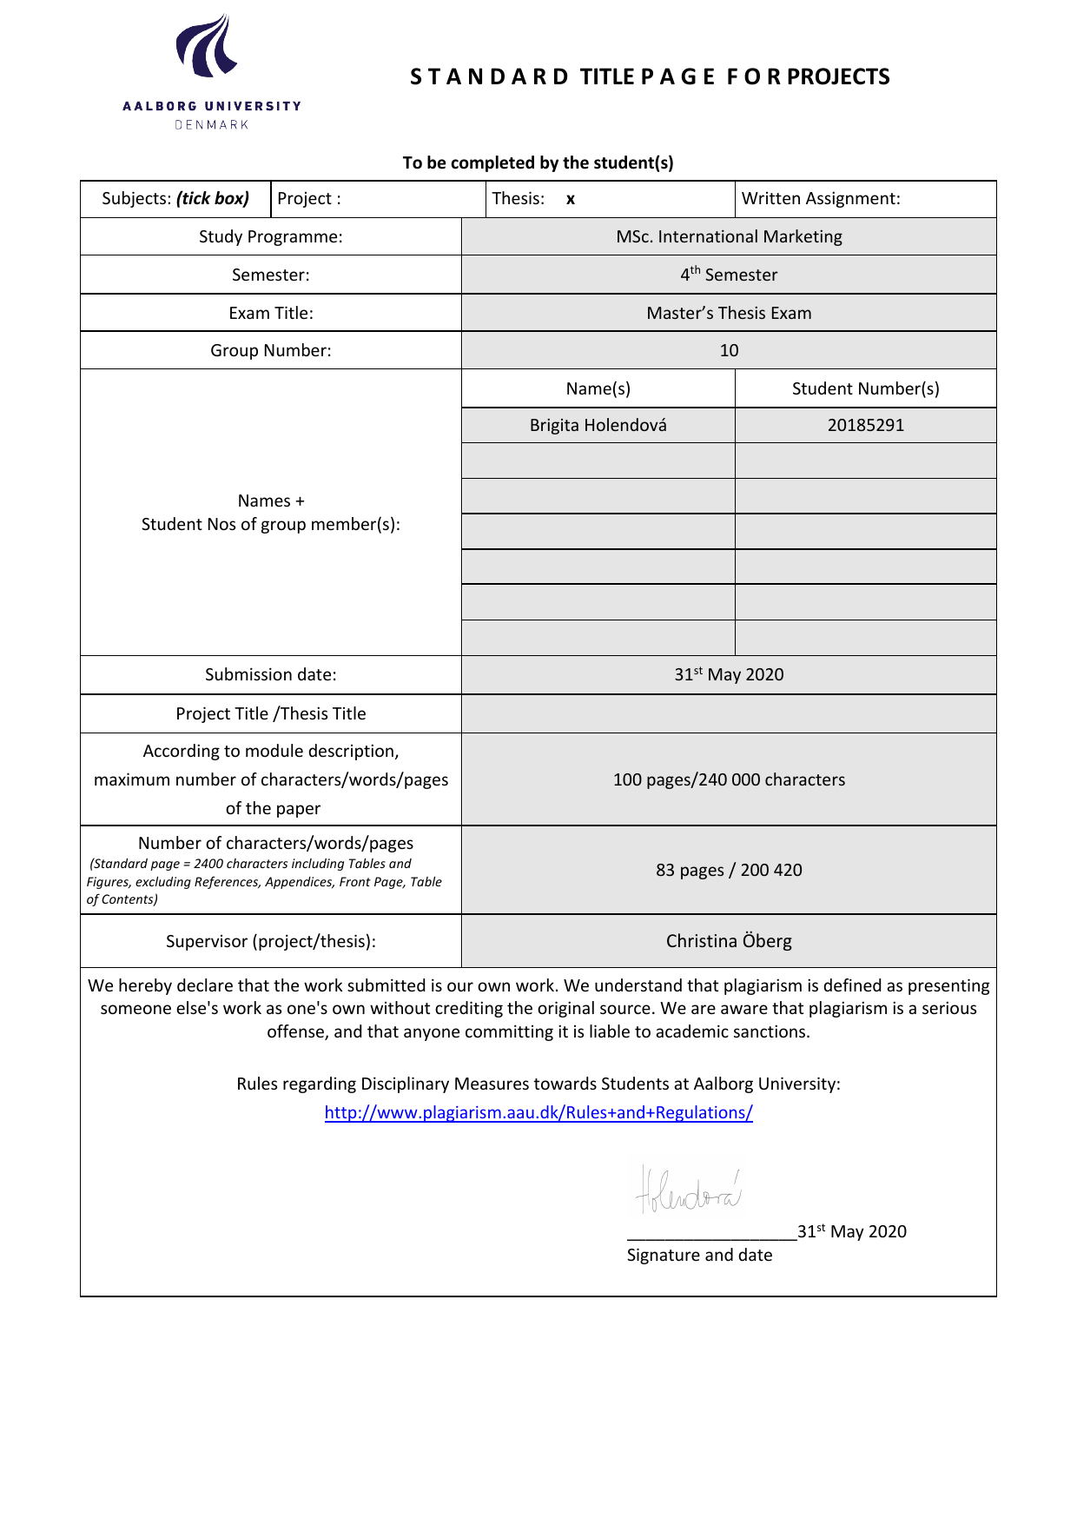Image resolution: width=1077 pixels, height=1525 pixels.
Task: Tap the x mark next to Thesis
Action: pyautogui.click(x=571, y=200)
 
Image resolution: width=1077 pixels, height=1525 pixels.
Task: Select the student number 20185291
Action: pyautogui.click(x=865, y=425)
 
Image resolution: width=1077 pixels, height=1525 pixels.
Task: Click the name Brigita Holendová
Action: pyautogui.click(x=598, y=425)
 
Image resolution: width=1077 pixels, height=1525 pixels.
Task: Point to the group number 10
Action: pyautogui.click(x=729, y=350)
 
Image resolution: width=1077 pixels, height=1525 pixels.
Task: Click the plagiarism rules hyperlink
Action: pyautogui.click(x=538, y=1112)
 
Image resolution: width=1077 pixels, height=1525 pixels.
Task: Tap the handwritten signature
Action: pyautogui.click(x=689, y=1190)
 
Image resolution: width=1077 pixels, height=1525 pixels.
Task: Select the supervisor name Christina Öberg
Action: pyautogui.click(x=729, y=941)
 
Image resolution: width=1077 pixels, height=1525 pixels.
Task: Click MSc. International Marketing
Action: pyautogui.click(x=729, y=236)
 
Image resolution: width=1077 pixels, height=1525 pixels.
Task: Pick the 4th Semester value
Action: pyautogui.click(x=729, y=275)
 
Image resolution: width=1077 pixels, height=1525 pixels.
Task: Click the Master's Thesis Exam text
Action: pyautogui.click(x=729, y=313)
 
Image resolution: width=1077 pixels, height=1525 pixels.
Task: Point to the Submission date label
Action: pyautogui.click(x=270, y=674)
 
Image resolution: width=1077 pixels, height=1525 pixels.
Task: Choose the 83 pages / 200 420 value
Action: pyautogui.click(x=729, y=870)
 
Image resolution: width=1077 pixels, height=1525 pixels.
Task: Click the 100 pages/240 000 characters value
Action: pyautogui.click(x=729, y=779)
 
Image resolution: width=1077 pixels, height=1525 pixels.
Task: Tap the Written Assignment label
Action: pyautogui.click(x=821, y=199)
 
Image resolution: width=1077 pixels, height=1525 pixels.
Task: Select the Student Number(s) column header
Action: pyautogui.click(x=865, y=388)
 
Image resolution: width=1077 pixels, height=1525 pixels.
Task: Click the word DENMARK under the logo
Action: pyautogui.click(x=212, y=125)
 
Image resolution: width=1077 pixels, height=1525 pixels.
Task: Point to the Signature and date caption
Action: pyautogui.click(x=699, y=1255)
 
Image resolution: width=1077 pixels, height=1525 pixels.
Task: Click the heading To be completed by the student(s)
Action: pyautogui.click(x=538, y=162)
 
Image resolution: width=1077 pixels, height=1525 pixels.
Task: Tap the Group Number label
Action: pyautogui.click(x=270, y=350)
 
